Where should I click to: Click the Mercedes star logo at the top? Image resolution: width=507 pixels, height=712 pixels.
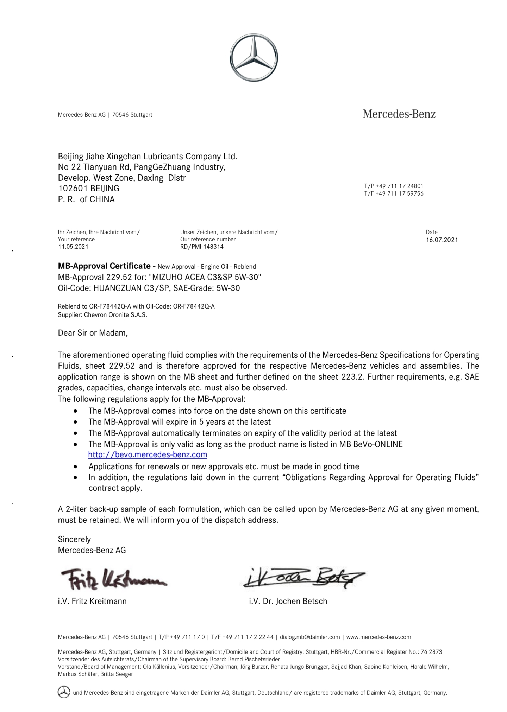click(254, 58)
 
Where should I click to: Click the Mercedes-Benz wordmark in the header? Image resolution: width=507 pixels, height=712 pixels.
click(399, 114)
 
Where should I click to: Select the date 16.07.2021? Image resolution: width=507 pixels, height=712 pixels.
click(442, 240)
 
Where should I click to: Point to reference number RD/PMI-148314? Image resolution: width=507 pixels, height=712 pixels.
click(201, 247)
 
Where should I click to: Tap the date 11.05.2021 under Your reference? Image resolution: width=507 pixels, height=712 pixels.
click(73, 247)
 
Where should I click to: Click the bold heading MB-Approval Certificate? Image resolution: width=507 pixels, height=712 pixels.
click(104, 266)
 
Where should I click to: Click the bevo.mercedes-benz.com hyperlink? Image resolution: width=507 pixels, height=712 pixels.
click(148, 454)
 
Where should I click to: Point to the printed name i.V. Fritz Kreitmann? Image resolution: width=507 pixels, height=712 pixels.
click(92, 601)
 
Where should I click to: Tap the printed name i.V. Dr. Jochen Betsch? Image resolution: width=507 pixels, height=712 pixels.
click(288, 601)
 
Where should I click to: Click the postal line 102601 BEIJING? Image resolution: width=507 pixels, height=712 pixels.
click(88, 188)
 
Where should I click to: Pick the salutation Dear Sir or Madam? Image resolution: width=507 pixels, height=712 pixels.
click(93, 332)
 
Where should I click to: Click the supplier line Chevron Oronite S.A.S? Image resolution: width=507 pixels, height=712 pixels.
click(102, 315)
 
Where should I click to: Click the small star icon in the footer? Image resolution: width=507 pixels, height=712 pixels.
click(64, 692)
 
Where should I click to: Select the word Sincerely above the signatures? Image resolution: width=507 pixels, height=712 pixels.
click(74, 539)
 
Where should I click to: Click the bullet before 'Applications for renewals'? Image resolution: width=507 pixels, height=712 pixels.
click(76, 466)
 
